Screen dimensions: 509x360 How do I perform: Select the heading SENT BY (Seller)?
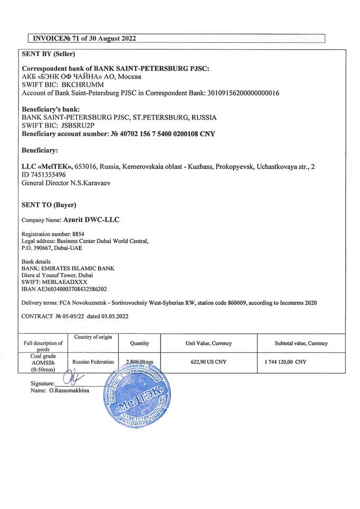click(x=48, y=54)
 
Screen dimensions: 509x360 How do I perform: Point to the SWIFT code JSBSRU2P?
click(x=80, y=126)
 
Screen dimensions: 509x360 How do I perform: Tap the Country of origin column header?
click(x=93, y=338)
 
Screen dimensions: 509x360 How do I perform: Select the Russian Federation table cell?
click(x=93, y=362)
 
